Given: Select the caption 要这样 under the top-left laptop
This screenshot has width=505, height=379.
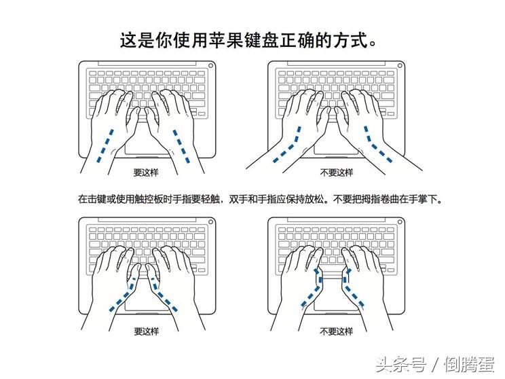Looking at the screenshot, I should [x=146, y=173].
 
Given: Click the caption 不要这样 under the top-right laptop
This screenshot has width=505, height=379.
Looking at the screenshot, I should [x=336, y=173].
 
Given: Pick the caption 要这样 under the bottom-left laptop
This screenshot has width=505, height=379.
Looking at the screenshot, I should [x=146, y=331].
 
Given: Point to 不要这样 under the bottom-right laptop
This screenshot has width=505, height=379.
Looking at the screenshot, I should [x=336, y=331].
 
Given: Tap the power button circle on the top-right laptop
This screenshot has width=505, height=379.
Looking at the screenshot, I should [x=400, y=66].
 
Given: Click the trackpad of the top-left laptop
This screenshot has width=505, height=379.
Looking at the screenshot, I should [x=145, y=139].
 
